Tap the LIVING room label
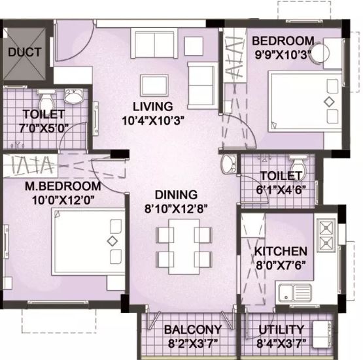point(152,106)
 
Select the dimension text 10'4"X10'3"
point(152,120)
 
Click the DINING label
point(176,195)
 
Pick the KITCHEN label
point(281,251)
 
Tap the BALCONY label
point(192,329)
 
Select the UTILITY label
point(281,329)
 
